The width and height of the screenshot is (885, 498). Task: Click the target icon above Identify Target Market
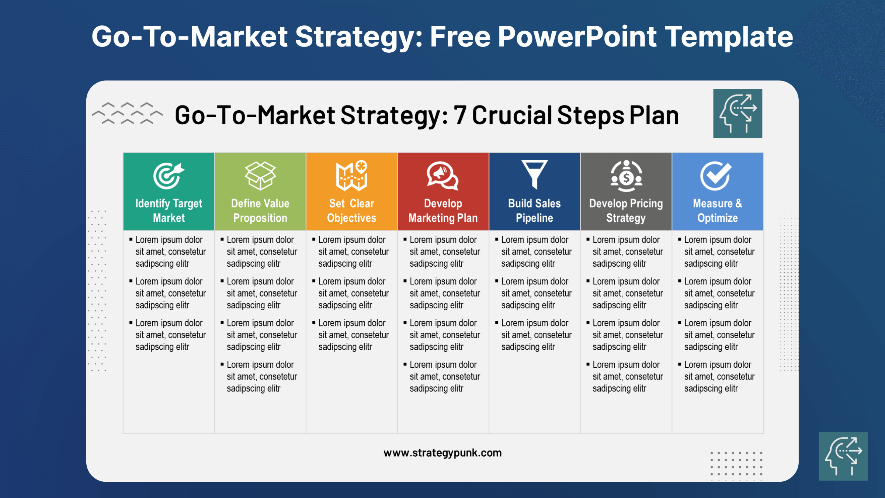tap(169, 176)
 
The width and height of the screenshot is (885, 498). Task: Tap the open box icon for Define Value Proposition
tap(260, 176)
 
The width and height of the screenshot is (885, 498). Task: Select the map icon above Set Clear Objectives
tap(352, 176)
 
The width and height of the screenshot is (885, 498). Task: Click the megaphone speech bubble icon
tap(442, 176)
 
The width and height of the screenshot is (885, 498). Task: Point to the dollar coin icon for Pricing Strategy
tap(626, 176)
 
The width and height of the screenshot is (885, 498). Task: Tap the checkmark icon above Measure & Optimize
tap(716, 176)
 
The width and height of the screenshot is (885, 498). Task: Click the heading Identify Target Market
tap(169, 211)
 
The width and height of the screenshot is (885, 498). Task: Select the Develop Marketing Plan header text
tap(443, 211)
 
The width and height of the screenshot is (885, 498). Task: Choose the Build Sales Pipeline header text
tap(534, 211)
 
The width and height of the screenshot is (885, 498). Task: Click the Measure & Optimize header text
tap(717, 211)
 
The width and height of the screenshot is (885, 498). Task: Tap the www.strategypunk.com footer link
tap(442, 453)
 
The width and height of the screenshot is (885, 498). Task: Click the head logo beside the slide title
tap(737, 114)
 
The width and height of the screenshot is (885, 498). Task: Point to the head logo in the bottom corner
tap(843, 456)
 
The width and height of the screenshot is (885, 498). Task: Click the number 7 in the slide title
tap(460, 115)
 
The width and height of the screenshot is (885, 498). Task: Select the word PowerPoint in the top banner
tap(577, 37)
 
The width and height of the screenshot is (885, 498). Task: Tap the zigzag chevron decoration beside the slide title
tap(127, 113)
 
